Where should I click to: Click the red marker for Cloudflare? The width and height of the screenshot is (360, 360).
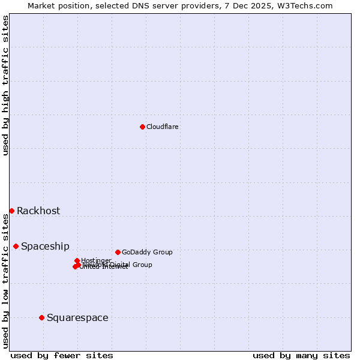pos(142,127)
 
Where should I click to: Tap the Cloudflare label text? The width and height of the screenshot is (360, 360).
pos(163,127)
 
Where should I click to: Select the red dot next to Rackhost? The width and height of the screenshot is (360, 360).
pos(11,211)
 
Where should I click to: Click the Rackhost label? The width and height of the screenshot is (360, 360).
pos(38,211)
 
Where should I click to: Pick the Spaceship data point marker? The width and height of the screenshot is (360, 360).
pos(16,246)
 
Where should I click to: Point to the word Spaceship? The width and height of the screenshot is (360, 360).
pos(45,246)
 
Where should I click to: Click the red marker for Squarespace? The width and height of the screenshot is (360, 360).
pos(41,317)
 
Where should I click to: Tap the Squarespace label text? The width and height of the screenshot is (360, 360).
pos(77,317)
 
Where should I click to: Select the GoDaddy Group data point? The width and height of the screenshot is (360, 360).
pos(118,252)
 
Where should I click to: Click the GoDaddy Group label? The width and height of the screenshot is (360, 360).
pos(147,252)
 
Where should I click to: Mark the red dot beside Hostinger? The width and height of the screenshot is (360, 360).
pos(77,260)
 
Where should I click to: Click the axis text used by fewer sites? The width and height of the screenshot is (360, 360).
pos(62,355)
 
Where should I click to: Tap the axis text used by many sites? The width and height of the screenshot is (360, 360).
pos(301,355)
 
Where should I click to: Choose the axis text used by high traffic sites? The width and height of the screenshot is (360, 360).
pos(5,86)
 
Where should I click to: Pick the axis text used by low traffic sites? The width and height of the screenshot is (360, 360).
pos(5,281)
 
